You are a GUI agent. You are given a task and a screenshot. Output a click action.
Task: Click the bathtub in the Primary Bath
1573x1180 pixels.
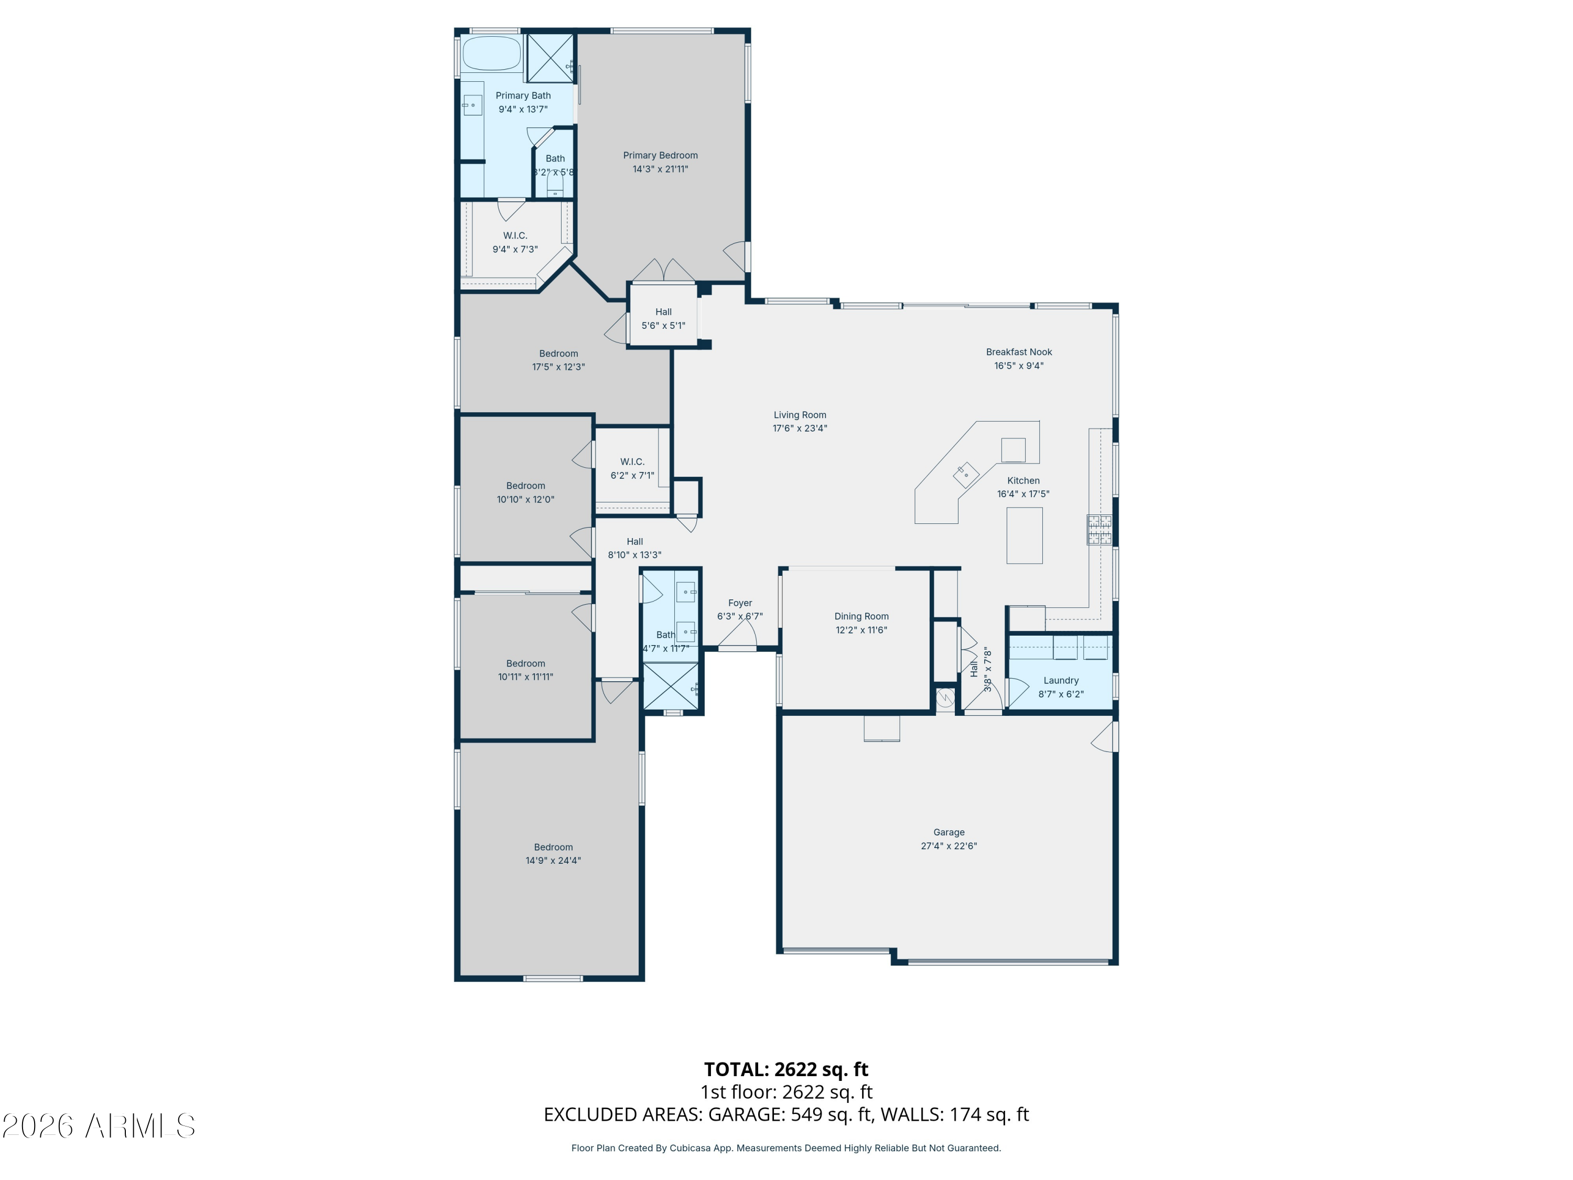click(491, 54)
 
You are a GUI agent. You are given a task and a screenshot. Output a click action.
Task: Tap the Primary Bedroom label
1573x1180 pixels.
click(660, 155)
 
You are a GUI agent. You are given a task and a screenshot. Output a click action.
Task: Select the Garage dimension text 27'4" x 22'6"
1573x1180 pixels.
click(949, 846)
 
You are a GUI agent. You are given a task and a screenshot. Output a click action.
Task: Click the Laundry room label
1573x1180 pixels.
click(1060, 681)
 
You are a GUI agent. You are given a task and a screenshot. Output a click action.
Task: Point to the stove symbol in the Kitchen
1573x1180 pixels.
click(1098, 530)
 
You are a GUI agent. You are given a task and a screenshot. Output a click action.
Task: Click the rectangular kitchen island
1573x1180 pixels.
click(1024, 535)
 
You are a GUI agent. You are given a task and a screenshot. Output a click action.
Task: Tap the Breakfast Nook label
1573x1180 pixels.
click(1018, 352)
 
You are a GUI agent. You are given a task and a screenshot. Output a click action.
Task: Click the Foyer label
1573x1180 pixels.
click(739, 603)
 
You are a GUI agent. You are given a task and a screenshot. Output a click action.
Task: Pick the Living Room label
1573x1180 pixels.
click(799, 415)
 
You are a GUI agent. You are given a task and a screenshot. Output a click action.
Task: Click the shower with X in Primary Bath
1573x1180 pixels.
click(550, 58)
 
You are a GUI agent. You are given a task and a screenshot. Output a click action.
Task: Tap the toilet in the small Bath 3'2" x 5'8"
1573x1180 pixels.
click(555, 186)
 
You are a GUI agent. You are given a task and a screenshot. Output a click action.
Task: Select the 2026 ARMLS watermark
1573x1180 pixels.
click(99, 1126)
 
